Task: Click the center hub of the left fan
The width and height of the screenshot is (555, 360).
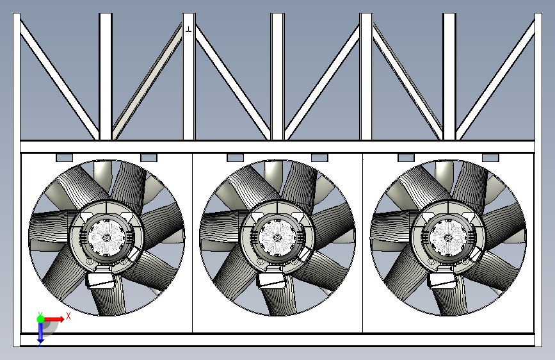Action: pyautogui.click(x=106, y=238)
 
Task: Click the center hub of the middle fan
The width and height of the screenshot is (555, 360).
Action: pyautogui.click(x=277, y=238)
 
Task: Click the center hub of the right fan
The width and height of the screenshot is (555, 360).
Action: pyautogui.click(x=447, y=238)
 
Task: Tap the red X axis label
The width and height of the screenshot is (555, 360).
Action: pyautogui.click(x=68, y=316)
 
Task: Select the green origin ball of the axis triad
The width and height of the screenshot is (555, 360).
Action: pyautogui.click(x=41, y=319)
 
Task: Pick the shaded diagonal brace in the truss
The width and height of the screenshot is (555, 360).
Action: pyautogui.click(x=147, y=81)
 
